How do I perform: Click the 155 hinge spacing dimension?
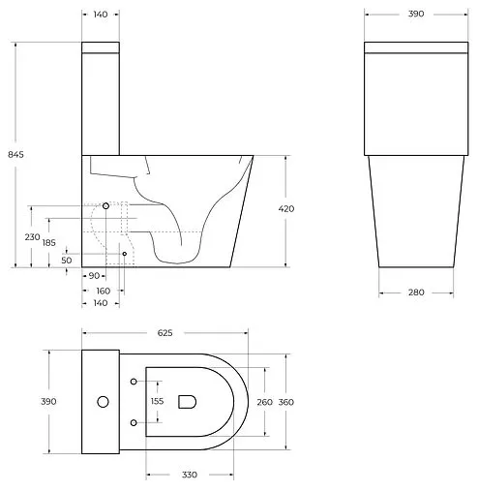[x=158, y=401]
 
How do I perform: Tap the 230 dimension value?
[x=33, y=236]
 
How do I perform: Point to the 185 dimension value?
[x=48, y=242]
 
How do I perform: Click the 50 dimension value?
[x=66, y=260]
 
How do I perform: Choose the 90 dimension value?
[x=94, y=276]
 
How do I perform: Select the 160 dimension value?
[x=103, y=290]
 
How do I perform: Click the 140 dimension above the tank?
[x=101, y=15]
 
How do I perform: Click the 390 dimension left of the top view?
[x=48, y=401]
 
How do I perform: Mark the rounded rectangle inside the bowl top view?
[x=189, y=401]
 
